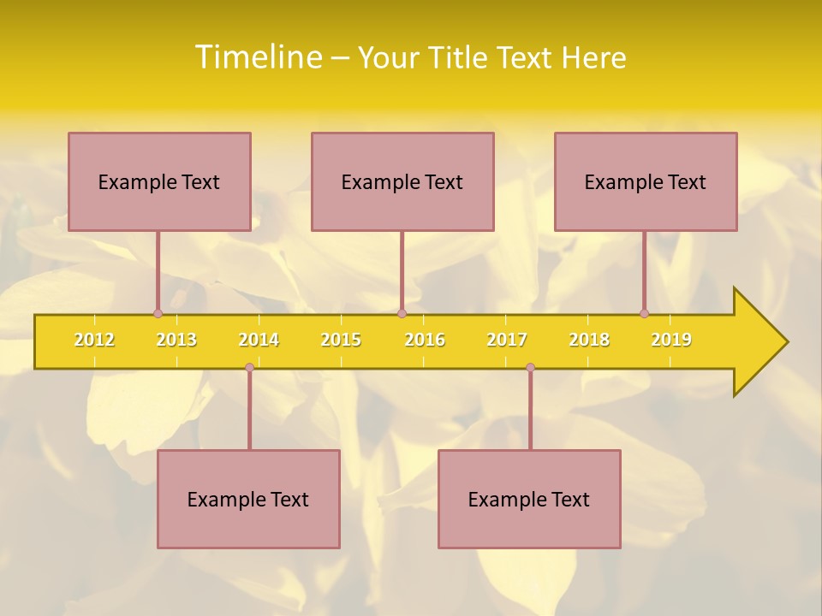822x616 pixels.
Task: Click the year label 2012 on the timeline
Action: click(x=94, y=340)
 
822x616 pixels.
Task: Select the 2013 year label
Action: click(x=176, y=340)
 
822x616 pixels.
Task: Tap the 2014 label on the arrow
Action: click(x=259, y=340)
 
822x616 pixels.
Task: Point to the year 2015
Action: click(x=341, y=340)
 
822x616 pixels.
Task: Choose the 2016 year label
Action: click(x=425, y=340)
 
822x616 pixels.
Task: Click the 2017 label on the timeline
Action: click(x=507, y=340)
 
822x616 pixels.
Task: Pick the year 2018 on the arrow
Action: click(x=589, y=340)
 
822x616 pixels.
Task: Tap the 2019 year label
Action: click(x=671, y=340)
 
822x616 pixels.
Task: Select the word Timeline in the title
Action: click(x=257, y=57)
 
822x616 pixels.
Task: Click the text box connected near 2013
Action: click(x=159, y=181)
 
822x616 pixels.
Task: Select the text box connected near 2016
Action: click(x=402, y=181)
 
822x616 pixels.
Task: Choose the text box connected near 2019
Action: click(x=646, y=181)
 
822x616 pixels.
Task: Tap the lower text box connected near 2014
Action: click(x=248, y=499)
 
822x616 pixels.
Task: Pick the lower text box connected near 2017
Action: click(x=529, y=499)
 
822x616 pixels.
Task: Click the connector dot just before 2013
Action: click(x=158, y=313)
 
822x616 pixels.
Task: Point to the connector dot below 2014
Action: click(x=249, y=367)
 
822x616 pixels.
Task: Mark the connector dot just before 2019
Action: click(x=644, y=313)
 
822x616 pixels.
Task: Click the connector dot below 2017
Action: click(x=530, y=367)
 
